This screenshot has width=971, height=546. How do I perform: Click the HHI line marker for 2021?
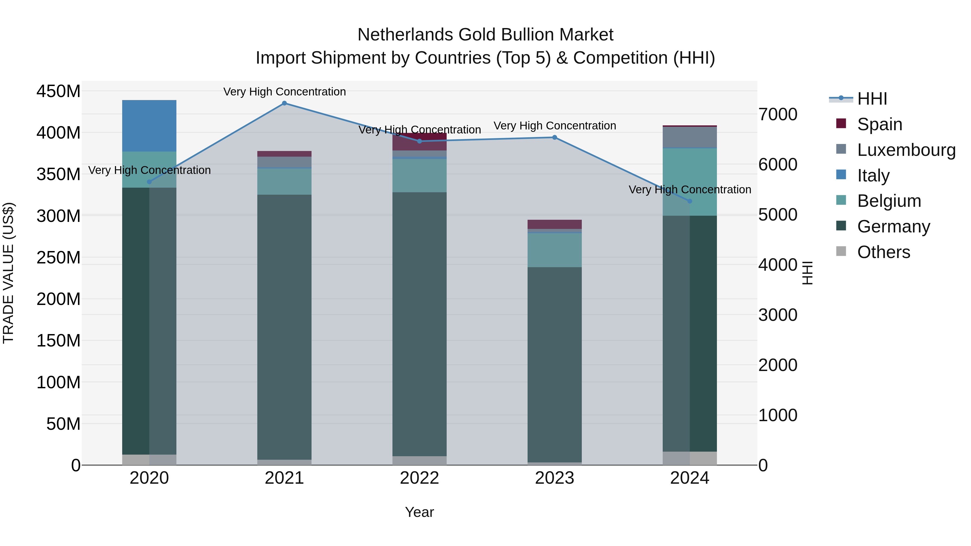[x=284, y=103]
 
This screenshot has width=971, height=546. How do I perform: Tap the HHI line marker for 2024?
[x=690, y=201]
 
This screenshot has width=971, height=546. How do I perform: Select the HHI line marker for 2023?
[x=555, y=138]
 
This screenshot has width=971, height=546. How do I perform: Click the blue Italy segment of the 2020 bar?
[x=149, y=126]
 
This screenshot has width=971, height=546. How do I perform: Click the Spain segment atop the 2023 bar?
[x=555, y=224]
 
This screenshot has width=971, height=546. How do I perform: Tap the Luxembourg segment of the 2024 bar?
[x=690, y=137]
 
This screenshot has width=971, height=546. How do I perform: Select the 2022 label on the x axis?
[x=419, y=478]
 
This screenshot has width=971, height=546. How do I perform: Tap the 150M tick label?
[x=59, y=341]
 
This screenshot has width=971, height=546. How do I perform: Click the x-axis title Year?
[x=419, y=512]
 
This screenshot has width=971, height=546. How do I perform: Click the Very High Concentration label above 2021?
[x=284, y=92]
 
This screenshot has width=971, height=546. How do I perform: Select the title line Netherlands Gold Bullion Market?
[x=485, y=35]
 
